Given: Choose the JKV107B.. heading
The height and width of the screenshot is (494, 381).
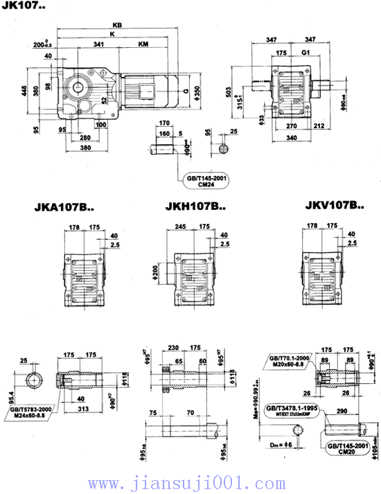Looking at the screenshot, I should [x=334, y=205].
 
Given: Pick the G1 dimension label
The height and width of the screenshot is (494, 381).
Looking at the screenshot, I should [x=305, y=52].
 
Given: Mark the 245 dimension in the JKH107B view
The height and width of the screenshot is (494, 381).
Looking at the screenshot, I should [x=181, y=226].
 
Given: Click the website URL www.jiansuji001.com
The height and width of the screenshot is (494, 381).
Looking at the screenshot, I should [x=190, y=482].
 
